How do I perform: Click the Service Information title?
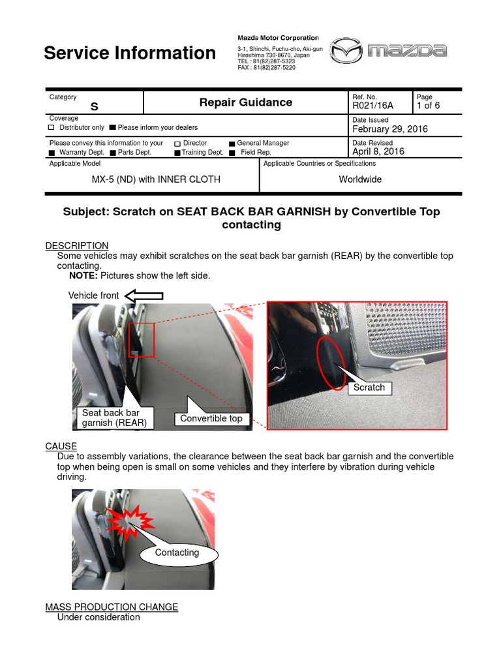pyautogui.click(x=130, y=53)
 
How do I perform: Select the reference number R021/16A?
pyautogui.click(x=372, y=106)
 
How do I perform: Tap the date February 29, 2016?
pyautogui.click(x=390, y=129)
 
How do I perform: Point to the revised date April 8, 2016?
pyautogui.click(x=378, y=151)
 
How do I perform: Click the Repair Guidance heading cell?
pyautogui.click(x=245, y=102)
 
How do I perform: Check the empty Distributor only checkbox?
pyautogui.click(x=52, y=128)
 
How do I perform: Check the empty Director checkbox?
pyautogui.click(x=177, y=144)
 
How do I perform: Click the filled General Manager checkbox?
pyautogui.click(x=232, y=144)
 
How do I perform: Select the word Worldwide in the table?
pyautogui.click(x=360, y=179)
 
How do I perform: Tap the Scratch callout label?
pyautogui.click(x=369, y=387)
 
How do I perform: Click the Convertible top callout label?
pyautogui.click(x=211, y=418)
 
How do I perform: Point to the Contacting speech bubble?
pyautogui.click(x=177, y=553)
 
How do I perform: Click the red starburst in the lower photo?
pyautogui.click(x=130, y=520)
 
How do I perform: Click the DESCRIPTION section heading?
pyautogui.click(x=77, y=245)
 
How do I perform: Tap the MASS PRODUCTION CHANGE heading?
pyautogui.click(x=112, y=607)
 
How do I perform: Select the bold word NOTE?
pyautogui.click(x=83, y=276)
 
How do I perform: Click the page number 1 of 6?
pyautogui.click(x=429, y=106)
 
